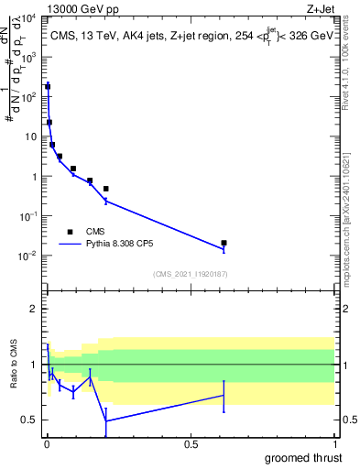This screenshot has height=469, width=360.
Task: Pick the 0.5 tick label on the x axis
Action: pos(191,444)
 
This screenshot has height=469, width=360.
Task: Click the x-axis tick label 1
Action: pos(334,444)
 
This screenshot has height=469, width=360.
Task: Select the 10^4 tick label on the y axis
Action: pos(27,17)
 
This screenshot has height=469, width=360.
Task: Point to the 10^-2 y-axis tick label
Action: pos(27,256)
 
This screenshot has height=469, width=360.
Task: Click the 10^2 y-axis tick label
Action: pos(27,96)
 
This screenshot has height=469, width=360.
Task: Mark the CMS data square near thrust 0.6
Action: pos(224,243)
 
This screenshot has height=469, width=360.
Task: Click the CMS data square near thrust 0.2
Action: pos(106,189)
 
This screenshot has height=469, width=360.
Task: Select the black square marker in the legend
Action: pos(70,232)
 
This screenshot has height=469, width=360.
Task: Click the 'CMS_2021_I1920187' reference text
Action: pos(190,274)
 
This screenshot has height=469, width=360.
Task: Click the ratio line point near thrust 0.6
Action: pos(224,396)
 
